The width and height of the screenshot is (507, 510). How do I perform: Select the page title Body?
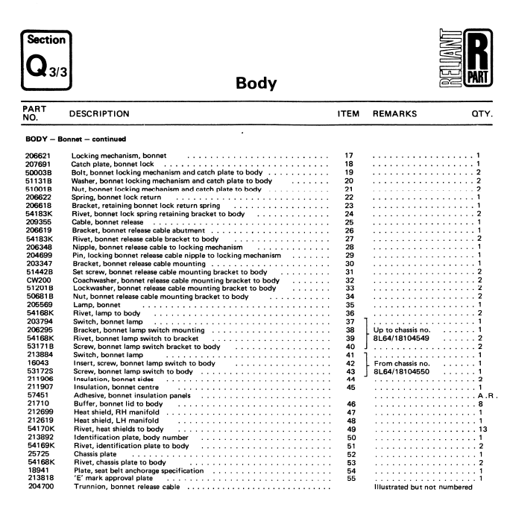256,84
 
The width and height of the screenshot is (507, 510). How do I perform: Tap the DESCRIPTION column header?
99,114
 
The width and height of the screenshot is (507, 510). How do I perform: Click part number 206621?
40,155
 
